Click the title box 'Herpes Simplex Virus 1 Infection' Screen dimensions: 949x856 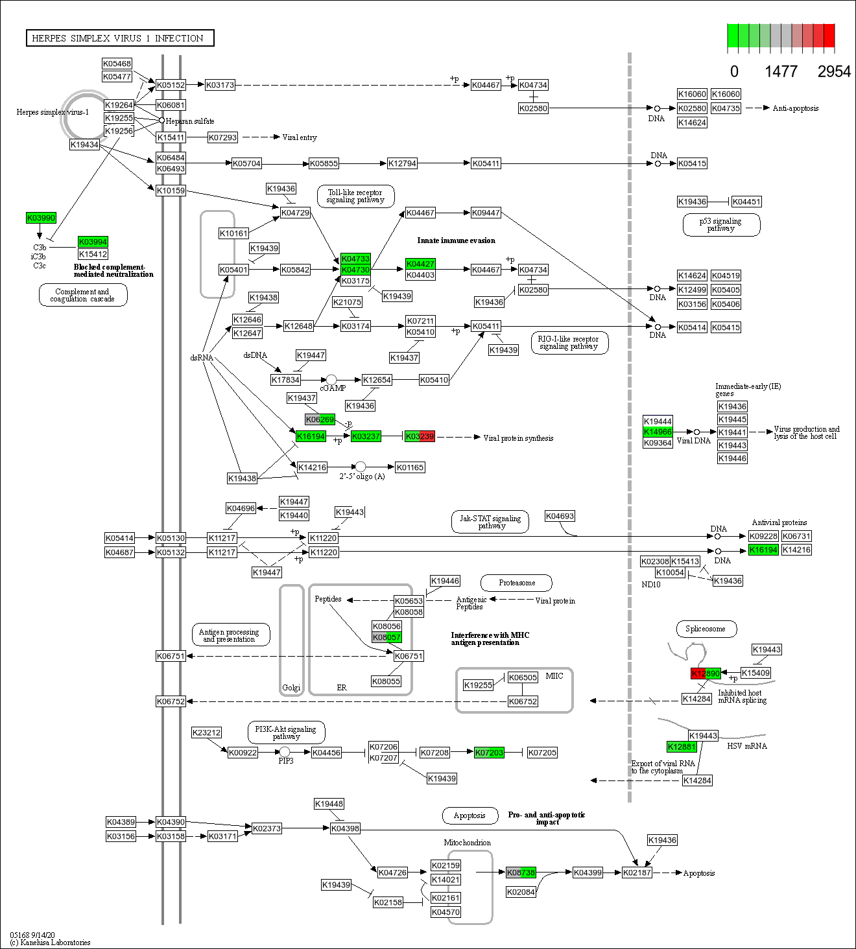coord(120,38)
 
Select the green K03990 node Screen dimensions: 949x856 coord(41,218)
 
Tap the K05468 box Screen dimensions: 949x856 coord(117,64)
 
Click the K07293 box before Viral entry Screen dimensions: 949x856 coord(222,137)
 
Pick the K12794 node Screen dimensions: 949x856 coord(402,163)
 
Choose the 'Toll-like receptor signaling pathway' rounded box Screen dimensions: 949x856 coord(355,196)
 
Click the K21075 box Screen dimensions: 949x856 coord(347,302)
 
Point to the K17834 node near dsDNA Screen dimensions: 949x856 coord(285,380)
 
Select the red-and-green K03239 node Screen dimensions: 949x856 coord(420,437)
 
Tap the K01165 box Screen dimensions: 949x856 coord(410,467)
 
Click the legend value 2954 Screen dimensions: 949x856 coord(833,71)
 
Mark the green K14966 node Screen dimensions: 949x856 coord(658,432)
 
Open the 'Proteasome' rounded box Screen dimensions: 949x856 coord(516,583)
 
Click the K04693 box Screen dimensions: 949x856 coord(560,516)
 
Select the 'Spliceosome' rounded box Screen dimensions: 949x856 coord(705,629)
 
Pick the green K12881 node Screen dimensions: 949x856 coord(682,747)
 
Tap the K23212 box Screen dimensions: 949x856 coord(207,732)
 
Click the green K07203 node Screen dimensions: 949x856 coord(489,753)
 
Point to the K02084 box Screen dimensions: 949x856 coord(521,892)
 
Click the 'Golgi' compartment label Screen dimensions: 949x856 coord(291,688)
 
